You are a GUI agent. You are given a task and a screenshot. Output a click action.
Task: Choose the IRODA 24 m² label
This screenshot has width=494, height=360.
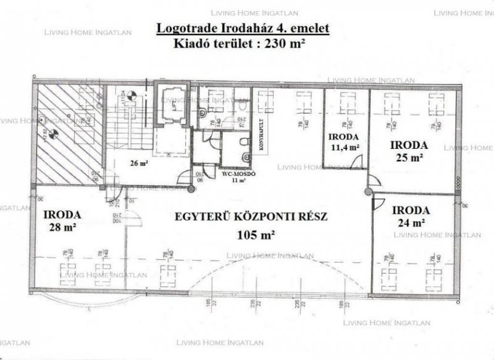point(412,214)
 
